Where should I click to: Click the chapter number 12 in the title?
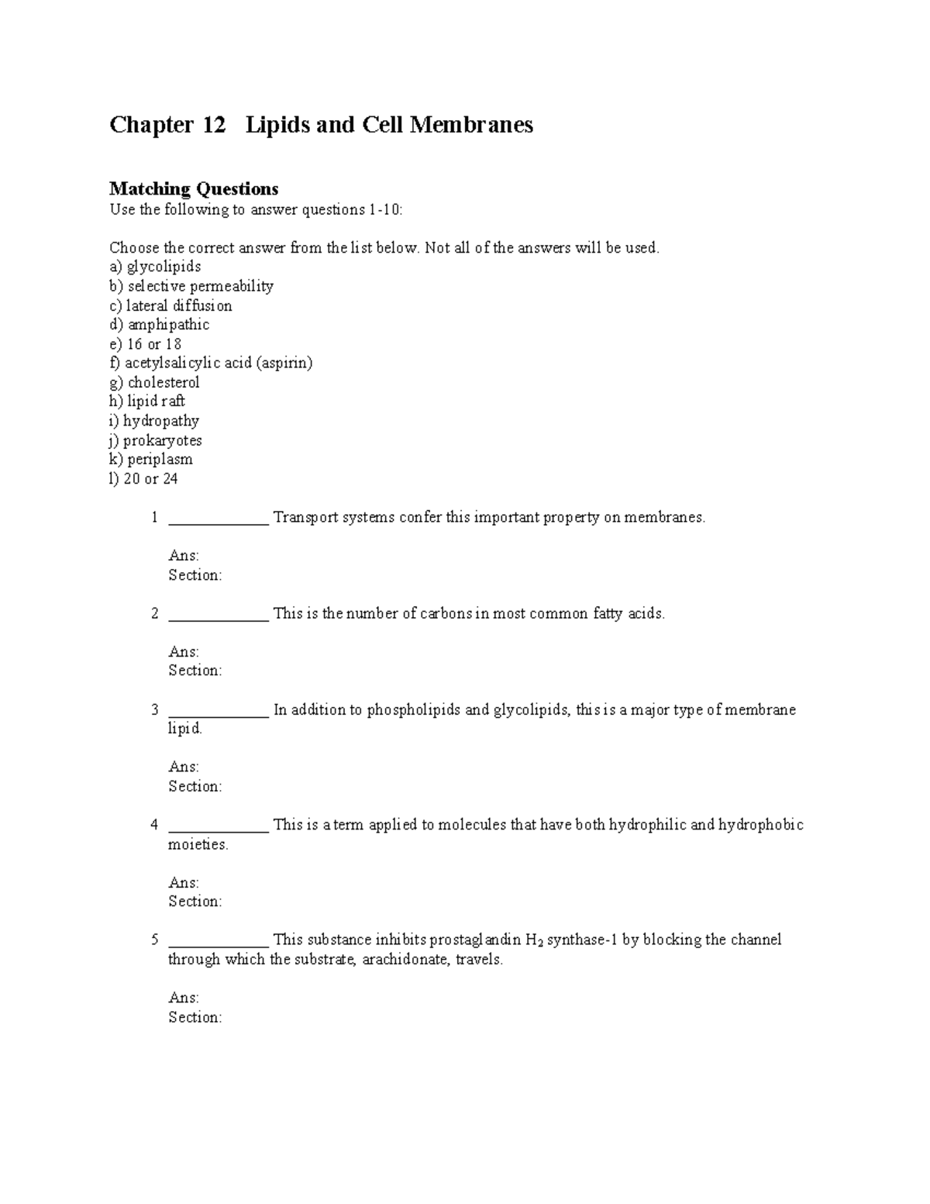(x=214, y=125)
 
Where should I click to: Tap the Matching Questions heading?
(x=194, y=188)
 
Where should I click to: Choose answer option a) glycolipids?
(x=155, y=267)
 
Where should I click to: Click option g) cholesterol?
(x=154, y=382)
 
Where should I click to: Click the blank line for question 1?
(x=219, y=521)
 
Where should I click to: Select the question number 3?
(x=155, y=709)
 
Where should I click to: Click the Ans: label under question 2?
(x=184, y=651)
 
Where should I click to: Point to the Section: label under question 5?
(x=195, y=1017)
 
